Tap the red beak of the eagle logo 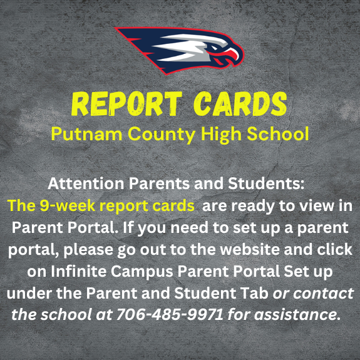tap(232, 56)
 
